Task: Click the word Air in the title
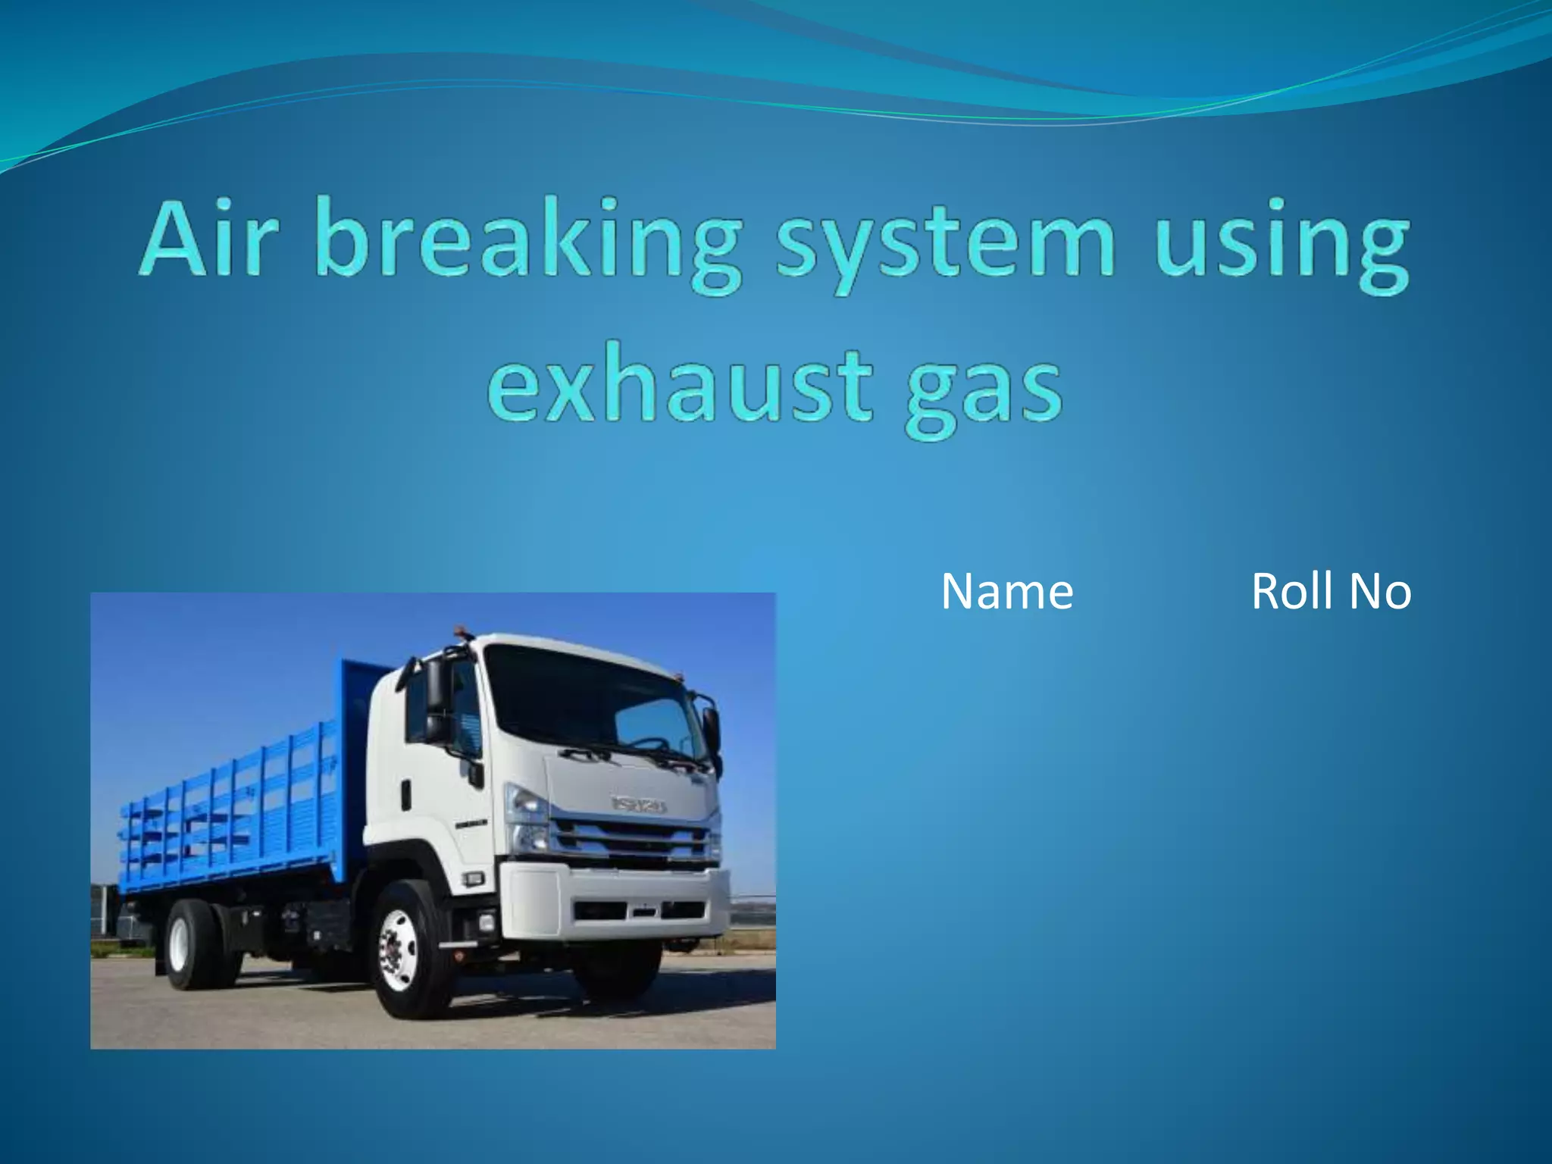pyautogui.click(x=205, y=239)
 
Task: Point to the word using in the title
pyautogui.click(x=1281, y=242)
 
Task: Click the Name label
pyautogui.click(x=1007, y=592)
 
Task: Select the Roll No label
pyautogui.click(x=1331, y=592)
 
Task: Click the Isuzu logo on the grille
pyautogui.click(x=639, y=804)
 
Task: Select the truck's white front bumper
pyautogui.click(x=614, y=902)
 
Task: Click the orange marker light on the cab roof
pyautogui.click(x=460, y=631)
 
